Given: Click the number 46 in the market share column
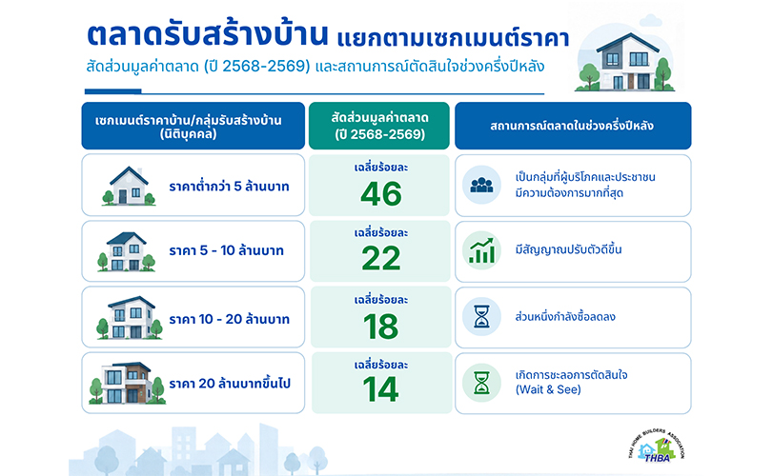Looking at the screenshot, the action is coord(381,193).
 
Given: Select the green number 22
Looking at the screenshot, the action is coord(381,258).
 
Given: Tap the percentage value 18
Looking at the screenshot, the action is coord(380,327).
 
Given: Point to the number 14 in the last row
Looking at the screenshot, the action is coord(380,389).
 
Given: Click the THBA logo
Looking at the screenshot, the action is coord(656,446).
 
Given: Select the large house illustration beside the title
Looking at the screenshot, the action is coord(625,61).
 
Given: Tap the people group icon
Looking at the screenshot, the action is coord(481,185).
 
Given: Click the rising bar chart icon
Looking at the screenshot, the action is coord(481,250).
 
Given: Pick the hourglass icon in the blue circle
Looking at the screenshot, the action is coord(481,316).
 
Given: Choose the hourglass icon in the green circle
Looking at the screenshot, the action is coord(481,383).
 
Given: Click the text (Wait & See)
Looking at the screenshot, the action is coord(548,390).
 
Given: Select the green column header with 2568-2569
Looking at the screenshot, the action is coord(379,126).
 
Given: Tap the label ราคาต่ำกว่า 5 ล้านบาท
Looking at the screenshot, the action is coord(229,187).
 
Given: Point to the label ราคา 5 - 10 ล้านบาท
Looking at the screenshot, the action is coord(226,250).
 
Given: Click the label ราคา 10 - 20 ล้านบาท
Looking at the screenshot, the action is coord(229,319).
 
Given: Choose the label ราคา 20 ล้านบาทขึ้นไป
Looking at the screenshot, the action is coord(230,383).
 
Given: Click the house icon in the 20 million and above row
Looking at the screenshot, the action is coord(127,383).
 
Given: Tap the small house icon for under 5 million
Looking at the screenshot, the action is coord(128,186).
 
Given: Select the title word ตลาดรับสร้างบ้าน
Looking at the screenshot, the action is coord(207,33).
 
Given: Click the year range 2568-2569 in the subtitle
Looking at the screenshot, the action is coord(266,66).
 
